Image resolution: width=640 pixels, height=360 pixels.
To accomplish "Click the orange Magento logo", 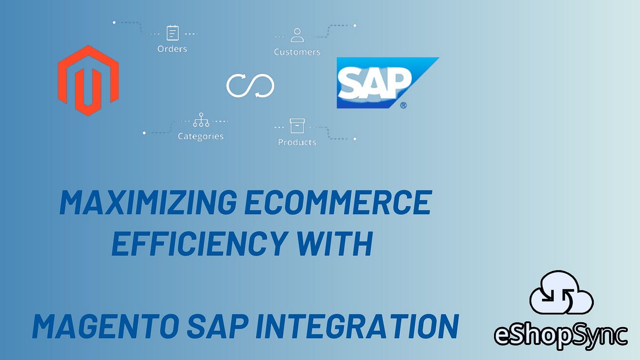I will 88,80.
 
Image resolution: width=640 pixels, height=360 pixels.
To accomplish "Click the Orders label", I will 172,49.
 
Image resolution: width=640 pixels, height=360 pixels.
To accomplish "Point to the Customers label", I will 297,52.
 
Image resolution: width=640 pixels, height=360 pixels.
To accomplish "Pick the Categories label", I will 200,137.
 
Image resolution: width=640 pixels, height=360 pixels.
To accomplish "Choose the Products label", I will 297,142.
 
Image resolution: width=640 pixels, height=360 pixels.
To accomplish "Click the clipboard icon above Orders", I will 172,33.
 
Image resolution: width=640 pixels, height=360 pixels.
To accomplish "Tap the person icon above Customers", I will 297,35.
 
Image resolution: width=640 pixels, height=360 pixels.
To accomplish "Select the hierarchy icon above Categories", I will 201,120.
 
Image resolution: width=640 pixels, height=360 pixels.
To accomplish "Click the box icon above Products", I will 297,126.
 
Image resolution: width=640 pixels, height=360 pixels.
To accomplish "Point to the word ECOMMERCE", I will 338,203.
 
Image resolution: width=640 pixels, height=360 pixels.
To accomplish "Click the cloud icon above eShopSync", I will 561,294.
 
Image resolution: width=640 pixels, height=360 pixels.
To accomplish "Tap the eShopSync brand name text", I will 561,335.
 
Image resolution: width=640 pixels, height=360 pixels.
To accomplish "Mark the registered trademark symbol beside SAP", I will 403,105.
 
